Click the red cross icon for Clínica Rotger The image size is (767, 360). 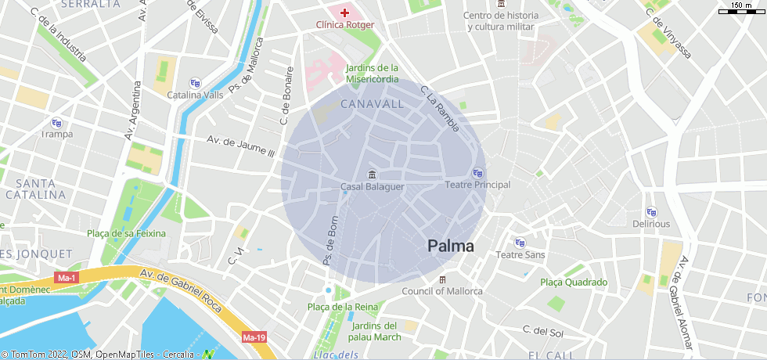(x=344, y=13)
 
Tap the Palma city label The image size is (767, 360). (x=451, y=246)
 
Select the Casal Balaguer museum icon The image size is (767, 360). (x=372, y=173)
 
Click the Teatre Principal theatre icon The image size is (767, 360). (x=477, y=172)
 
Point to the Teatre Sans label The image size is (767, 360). (x=520, y=255)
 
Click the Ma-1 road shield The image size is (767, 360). (x=67, y=278)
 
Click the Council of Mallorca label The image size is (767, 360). (x=442, y=291)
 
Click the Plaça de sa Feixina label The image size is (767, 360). (x=127, y=233)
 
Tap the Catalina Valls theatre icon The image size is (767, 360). (x=195, y=83)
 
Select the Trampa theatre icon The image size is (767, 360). (x=56, y=122)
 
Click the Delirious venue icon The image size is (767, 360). (x=651, y=212)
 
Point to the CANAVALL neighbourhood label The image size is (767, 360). (x=373, y=104)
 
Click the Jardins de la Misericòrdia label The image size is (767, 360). (x=373, y=74)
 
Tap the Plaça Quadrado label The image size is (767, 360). (x=574, y=283)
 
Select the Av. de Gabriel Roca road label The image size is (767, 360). (x=181, y=286)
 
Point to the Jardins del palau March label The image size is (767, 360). (x=376, y=331)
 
